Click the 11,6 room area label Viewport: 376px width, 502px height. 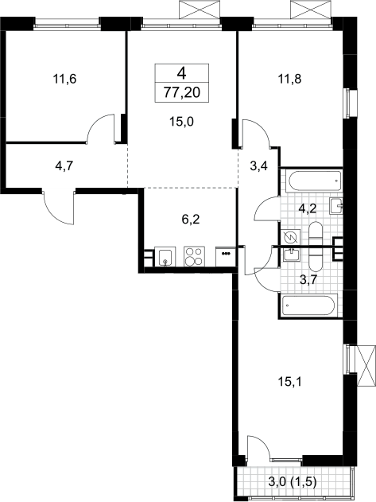coord(64,79)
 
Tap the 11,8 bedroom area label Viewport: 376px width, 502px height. coord(289,79)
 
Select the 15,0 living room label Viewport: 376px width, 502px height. coord(182,122)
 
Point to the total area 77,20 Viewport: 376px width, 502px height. coord(182,93)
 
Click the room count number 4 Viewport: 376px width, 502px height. coord(181,74)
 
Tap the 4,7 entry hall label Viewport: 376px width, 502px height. coord(64,165)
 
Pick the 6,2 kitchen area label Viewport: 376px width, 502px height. coord(191,220)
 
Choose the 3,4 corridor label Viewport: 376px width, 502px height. coord(259,166)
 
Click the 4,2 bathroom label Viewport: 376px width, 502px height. coord(307,208)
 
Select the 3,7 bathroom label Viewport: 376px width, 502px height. coord(308,279)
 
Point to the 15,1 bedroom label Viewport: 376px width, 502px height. coord(289,382)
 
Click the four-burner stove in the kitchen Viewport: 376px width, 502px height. coord(194,256)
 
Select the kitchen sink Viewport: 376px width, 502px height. coord(165,256)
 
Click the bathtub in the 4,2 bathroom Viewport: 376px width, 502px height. coord(316,181)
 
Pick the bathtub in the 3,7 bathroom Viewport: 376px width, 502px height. coord(309,305)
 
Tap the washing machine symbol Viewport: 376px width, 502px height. coord(291,237)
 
